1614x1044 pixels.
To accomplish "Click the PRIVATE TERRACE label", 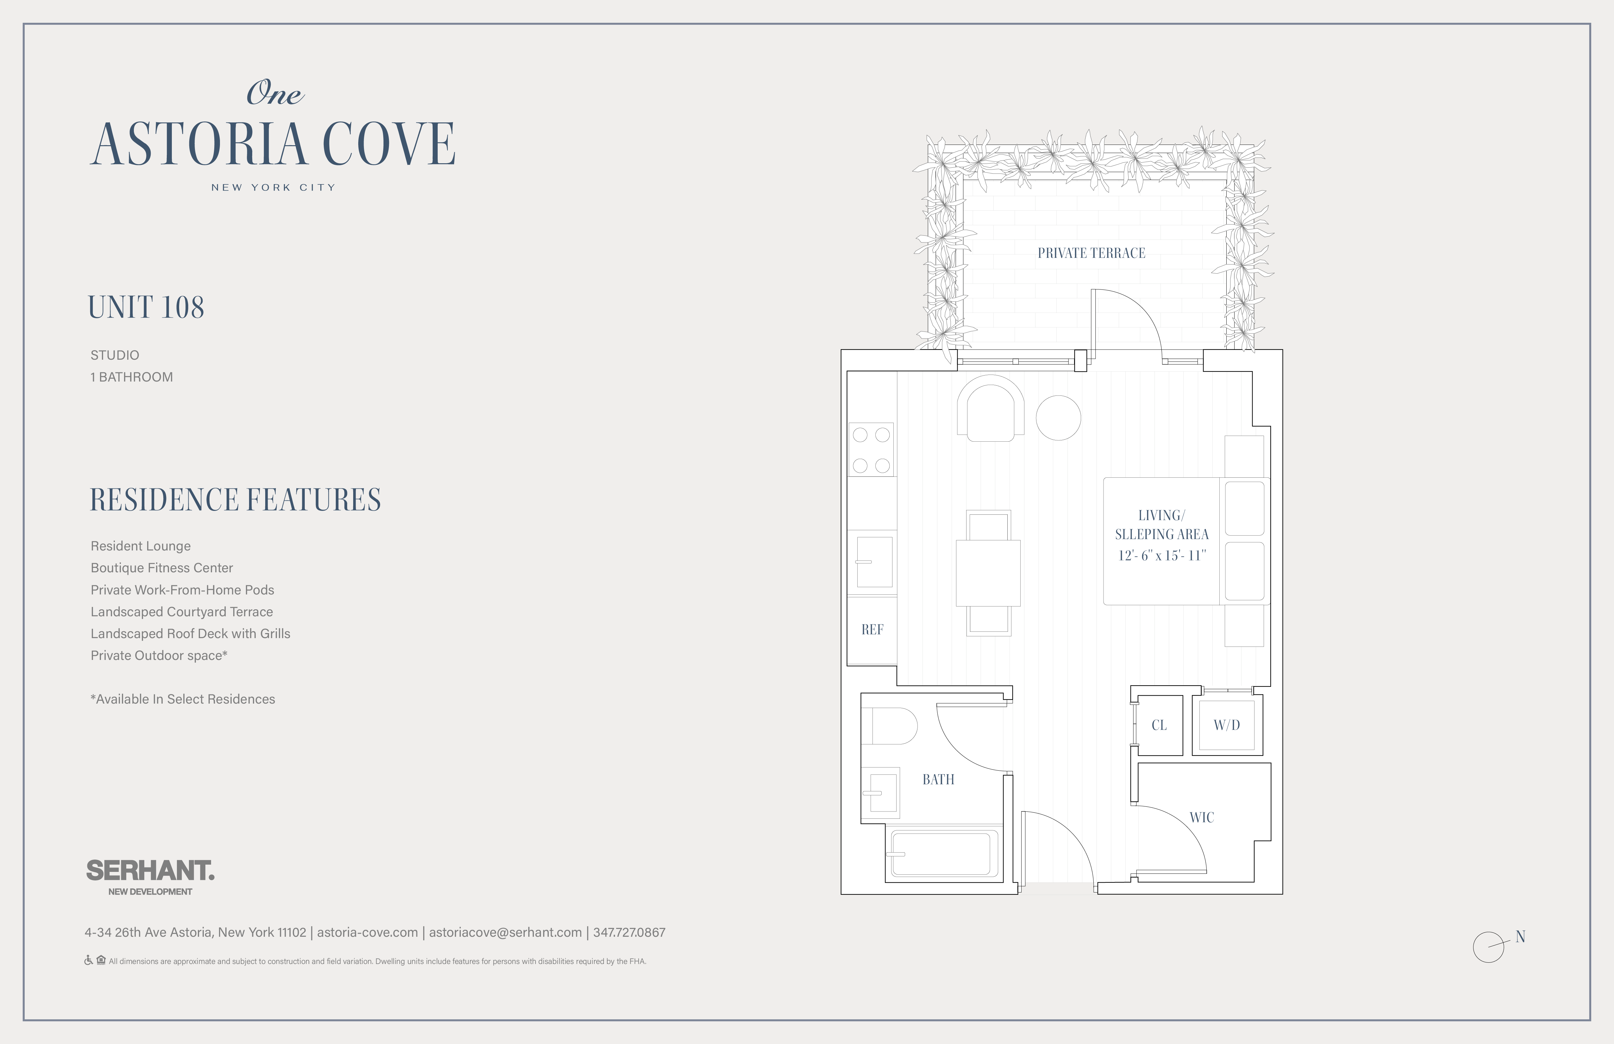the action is tap(1091, 253).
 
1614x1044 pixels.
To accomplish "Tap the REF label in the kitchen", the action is tap(872, 630).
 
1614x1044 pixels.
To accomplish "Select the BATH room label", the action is tap(938, 780).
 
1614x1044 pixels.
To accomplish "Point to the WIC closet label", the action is tap(1202, 817).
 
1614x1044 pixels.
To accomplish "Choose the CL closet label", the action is tap(1159, 725).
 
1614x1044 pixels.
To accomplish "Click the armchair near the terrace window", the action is tap(991, 409).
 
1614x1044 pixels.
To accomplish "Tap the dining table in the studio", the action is tap(988, 573).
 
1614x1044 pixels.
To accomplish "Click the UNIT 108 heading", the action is tap(146, 307).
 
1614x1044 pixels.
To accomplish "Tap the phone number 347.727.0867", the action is tap(629, 932).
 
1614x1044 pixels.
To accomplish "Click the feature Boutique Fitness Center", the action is tap(162, 568).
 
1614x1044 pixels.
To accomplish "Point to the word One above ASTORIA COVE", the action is tap(275, 93).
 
